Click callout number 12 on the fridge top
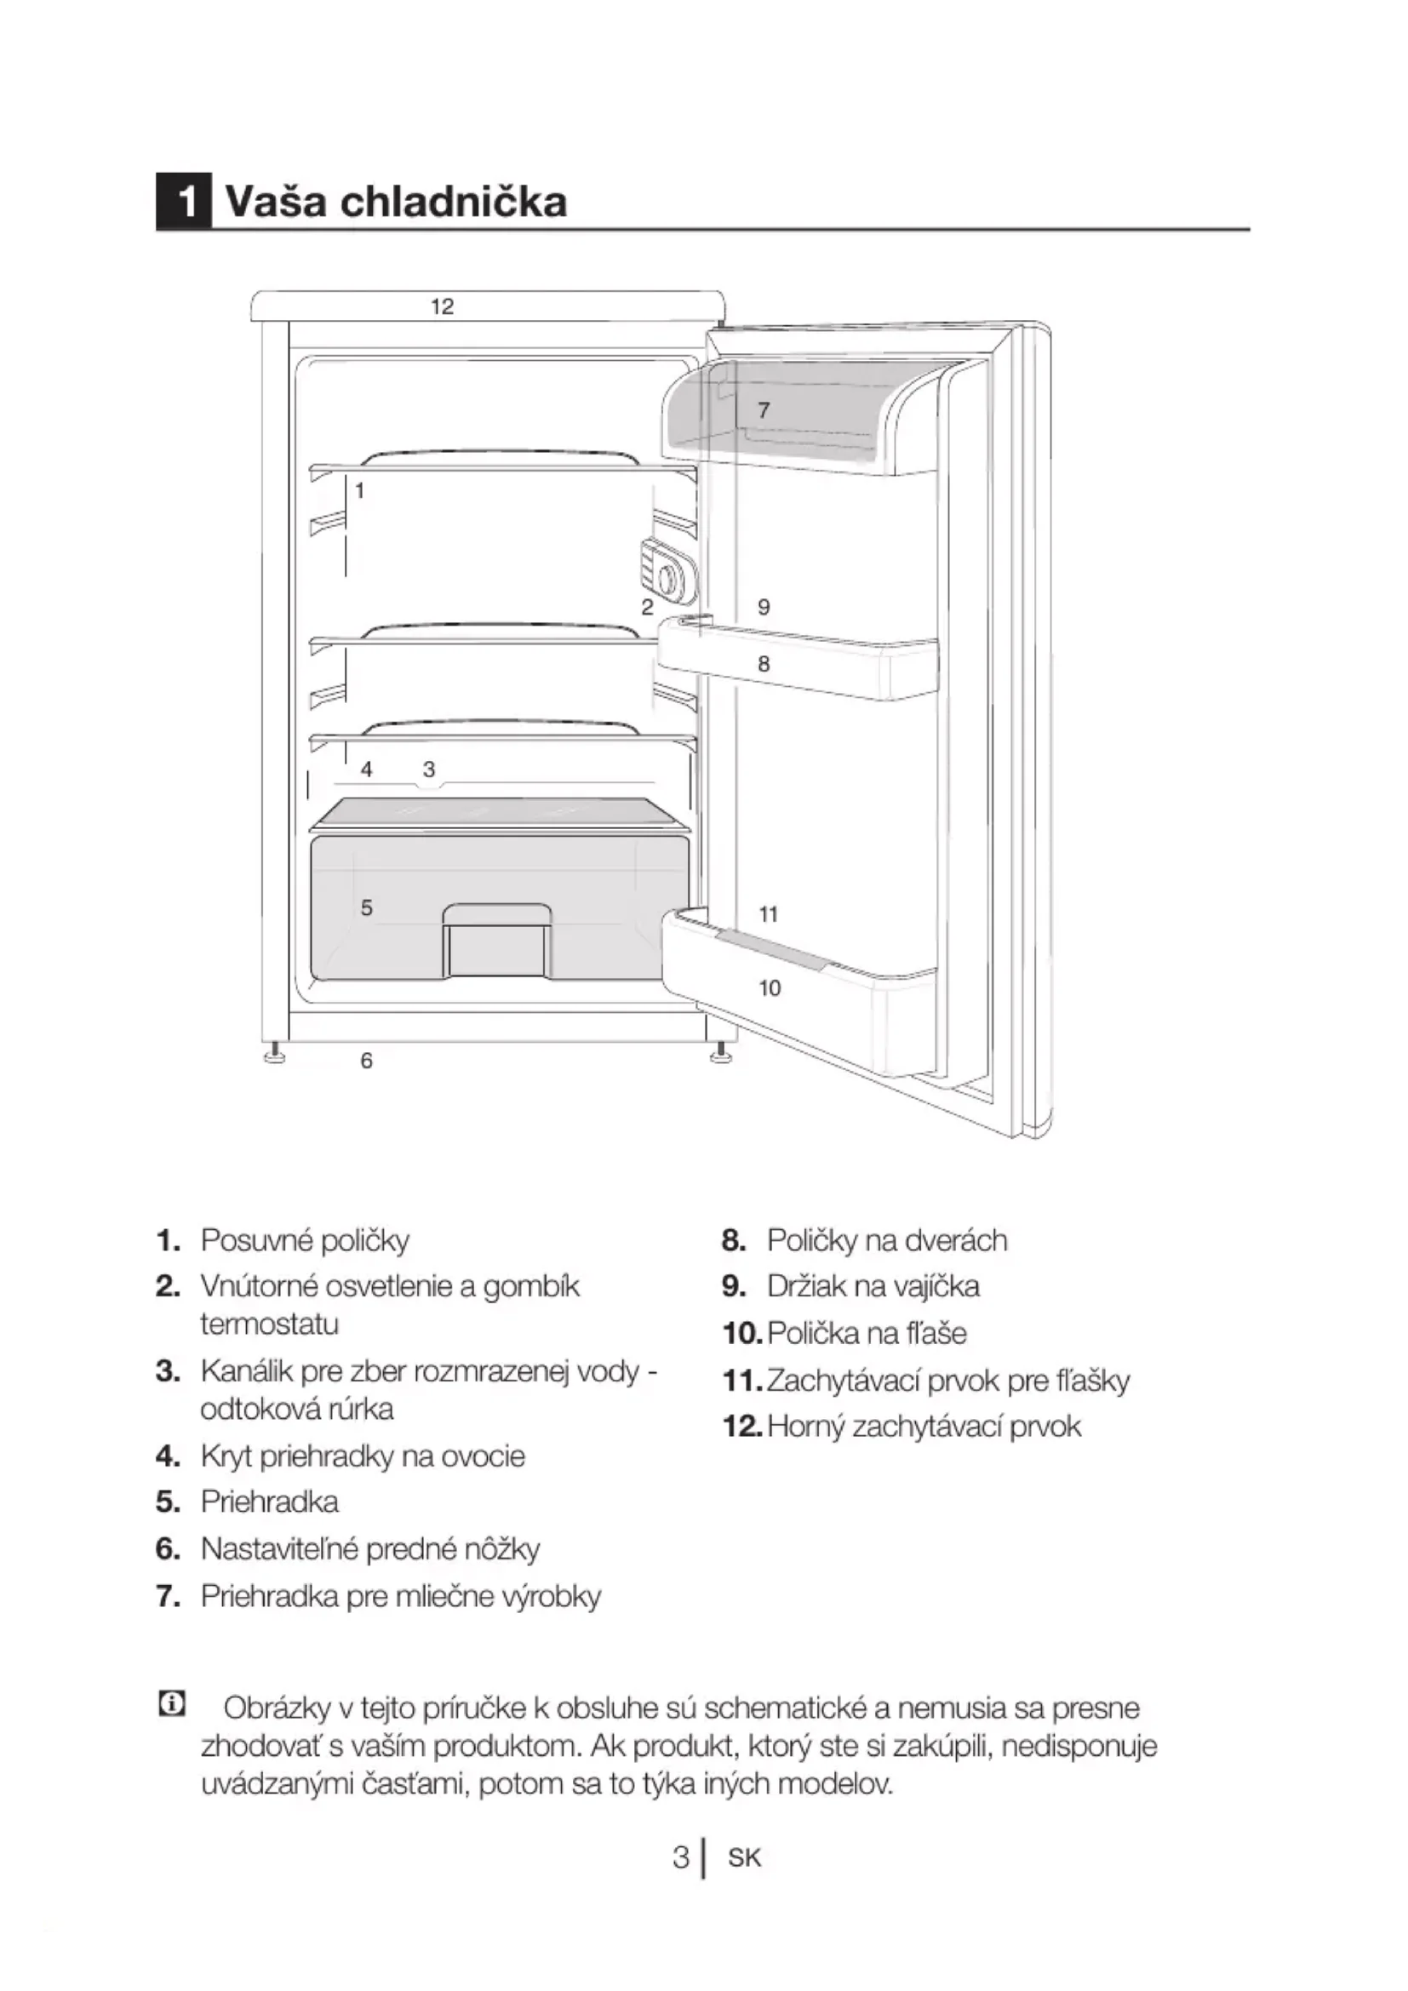click(442, 306)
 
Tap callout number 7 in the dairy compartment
click(763, 410)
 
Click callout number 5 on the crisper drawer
click(367, 908)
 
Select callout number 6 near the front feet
click(367, 1061)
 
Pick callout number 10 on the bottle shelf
click(770, 987)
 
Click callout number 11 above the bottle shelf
click(769, 914)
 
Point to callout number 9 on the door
click(764, 607)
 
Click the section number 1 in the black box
click(184, 202)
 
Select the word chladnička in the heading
click(454, 202)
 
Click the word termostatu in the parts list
click(270, 1325)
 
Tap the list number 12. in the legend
click(741, 1426)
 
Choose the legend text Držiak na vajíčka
click(873, 1286)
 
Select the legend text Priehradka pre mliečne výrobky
click(401, 1595)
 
